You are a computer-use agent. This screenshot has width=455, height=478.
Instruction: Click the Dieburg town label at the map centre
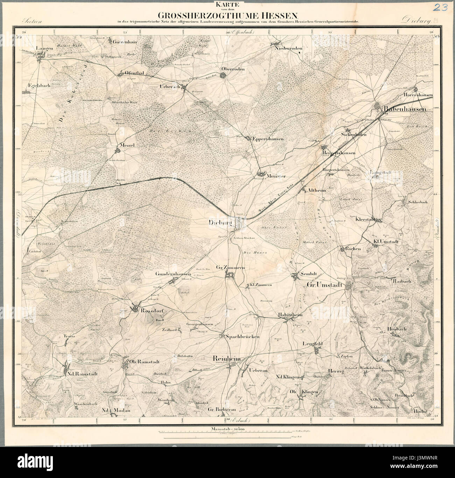coord(220,222)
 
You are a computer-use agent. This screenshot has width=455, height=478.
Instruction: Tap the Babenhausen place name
coord(405,109)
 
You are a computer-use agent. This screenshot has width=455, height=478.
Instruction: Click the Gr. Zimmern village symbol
coord(230,276)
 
